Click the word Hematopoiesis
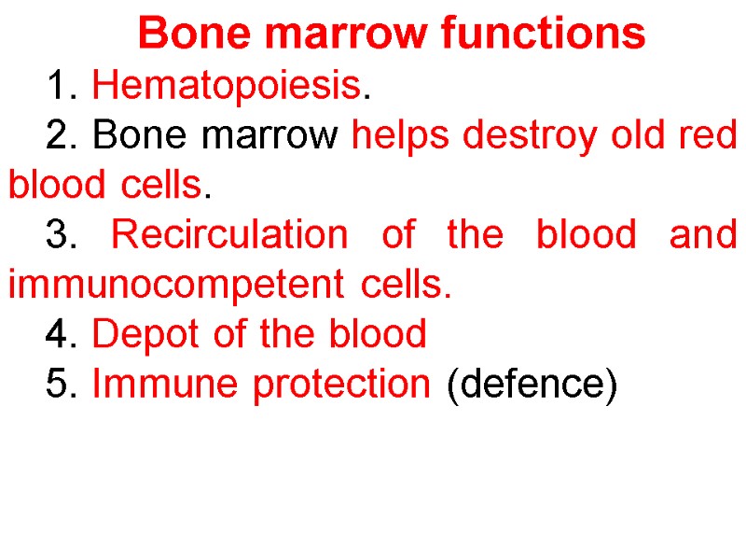[227, 87]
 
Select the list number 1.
[60, 87]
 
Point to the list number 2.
[60, 136]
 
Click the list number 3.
[60, 235]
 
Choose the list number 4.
[60, 333]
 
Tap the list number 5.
[60, 383]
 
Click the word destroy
[532, 136]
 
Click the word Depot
[139, 333]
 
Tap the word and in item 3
[703, 235]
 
